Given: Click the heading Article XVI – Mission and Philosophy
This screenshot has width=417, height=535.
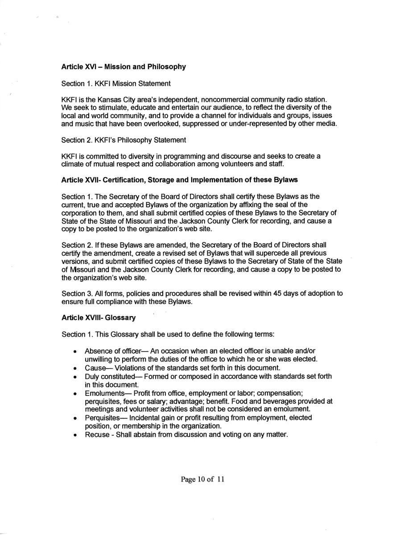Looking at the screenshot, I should click(x=123, y=67).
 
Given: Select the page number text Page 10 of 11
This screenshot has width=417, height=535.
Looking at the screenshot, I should click(x=202, y=480).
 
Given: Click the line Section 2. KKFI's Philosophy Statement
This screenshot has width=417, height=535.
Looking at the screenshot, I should click(x=124, y=140).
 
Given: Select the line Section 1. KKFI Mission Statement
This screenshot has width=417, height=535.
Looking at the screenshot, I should click(x=116, y=84).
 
